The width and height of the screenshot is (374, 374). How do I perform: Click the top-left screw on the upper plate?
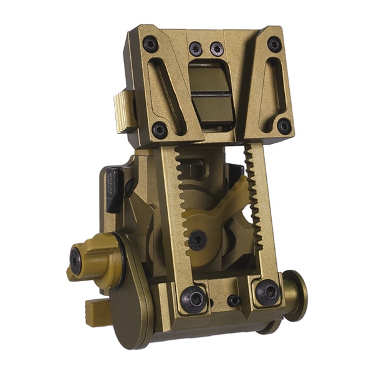(151, 44)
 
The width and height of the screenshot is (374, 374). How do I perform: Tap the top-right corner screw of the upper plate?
(274, 44)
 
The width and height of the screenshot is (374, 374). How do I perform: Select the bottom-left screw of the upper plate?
(160, 130)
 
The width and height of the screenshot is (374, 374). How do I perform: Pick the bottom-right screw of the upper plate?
(284, 126)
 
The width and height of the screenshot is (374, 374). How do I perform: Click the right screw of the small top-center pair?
(216, 49)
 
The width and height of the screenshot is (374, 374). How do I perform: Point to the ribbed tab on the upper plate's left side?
(124, 112)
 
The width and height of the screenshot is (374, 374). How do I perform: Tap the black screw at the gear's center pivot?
(198, 239)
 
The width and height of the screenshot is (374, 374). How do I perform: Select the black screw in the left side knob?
(76, 260)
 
